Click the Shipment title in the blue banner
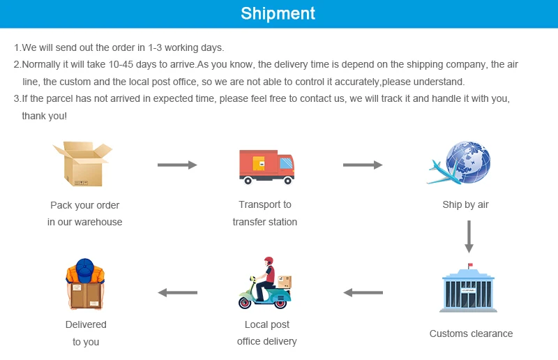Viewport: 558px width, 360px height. [x=278, y=13]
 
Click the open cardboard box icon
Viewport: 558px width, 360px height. [x=82, y=164]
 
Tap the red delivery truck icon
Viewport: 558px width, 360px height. [x=266, y=166]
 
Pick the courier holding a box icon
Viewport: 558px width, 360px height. [x=85, y=285]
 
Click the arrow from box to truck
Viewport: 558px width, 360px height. [x=177, y=165]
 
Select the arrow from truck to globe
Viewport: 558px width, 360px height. [x=363, y=165]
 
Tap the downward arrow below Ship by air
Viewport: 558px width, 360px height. [x=469, y=237]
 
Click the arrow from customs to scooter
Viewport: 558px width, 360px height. [x=363, y=292]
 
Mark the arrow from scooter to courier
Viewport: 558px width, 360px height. [x=177, y=292]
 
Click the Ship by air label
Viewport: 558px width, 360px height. [x=465, y=205]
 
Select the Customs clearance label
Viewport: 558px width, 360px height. [x=471, y=333]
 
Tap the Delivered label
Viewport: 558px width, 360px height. [x=86, y=324]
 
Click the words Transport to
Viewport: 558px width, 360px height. [x=265, y=205]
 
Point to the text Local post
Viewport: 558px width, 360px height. [x=267, y=324]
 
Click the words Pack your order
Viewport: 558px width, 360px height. [x=85, y=205]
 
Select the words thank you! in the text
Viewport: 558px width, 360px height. [x=45, y=116]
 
